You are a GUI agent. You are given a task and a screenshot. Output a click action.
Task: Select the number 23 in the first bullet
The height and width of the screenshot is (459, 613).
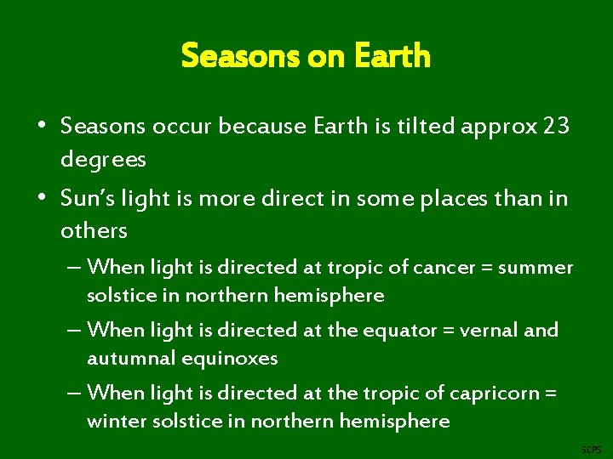click(556, 127)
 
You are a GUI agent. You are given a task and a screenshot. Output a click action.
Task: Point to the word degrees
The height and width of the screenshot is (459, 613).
click(103, 159)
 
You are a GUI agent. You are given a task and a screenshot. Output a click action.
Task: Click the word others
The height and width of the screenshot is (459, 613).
click(94, 230)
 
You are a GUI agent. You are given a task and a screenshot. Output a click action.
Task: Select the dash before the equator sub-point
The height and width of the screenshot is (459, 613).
click(74, 330)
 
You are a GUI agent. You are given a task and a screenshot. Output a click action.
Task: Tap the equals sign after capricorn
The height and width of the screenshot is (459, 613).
click(550, 392)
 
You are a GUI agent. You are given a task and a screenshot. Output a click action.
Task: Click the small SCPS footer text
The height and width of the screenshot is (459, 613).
click(590, 449)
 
